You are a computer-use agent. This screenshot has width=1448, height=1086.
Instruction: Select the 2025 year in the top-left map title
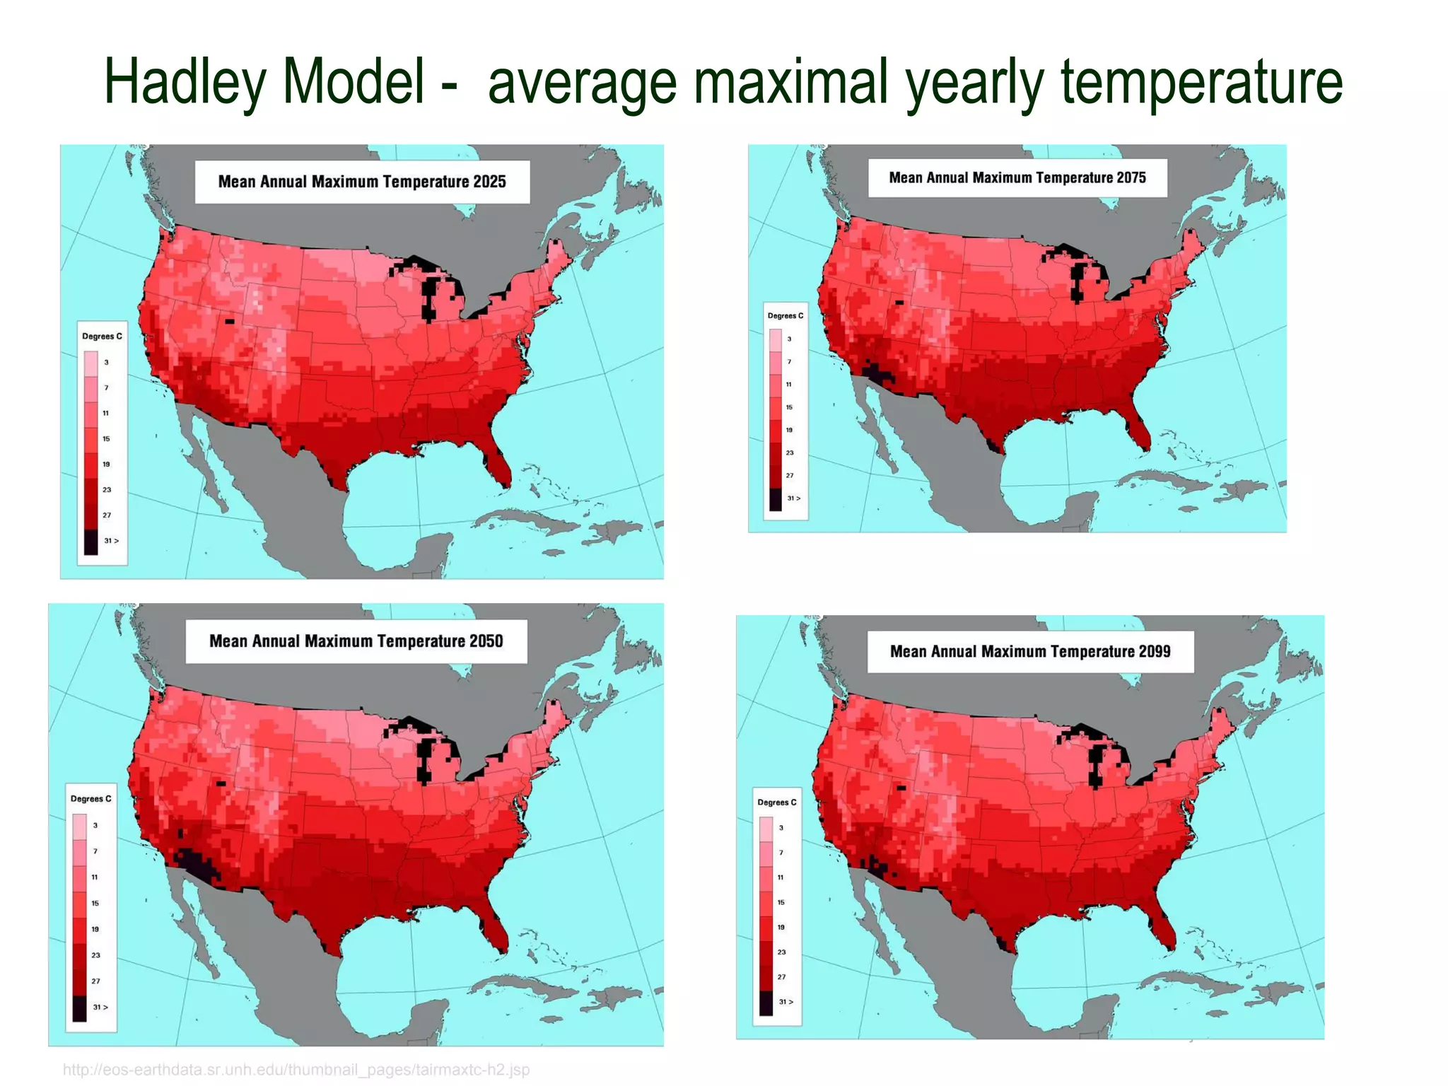[489, 182]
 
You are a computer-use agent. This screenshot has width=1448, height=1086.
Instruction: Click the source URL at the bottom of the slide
[296, 1070]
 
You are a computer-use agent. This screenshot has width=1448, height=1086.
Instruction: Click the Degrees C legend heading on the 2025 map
[102, 336]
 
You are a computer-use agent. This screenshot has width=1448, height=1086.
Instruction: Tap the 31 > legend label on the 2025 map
[111, 541]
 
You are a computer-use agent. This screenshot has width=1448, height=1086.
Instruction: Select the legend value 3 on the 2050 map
[95, 825]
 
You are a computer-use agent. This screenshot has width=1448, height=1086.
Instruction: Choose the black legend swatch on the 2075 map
[776, 499]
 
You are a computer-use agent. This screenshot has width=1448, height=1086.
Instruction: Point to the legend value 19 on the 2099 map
[781, 927]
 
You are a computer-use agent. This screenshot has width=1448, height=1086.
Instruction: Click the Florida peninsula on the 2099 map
[1162, 926]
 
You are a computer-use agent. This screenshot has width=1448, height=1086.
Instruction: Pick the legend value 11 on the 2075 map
[789, 385]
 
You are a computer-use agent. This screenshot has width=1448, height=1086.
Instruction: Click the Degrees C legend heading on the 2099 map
[776, 802]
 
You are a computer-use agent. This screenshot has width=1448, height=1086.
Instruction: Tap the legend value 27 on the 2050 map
[95, 981]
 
